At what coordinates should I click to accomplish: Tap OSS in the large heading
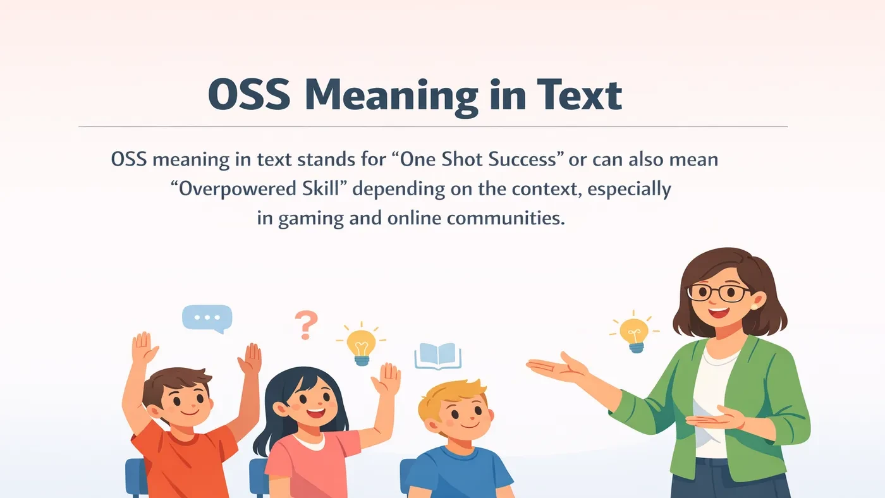tap(249, 96)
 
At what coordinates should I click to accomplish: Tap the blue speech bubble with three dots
tap(207, 319)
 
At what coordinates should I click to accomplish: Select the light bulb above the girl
tap(361, 346)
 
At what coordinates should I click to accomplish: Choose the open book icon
tap(437, 356)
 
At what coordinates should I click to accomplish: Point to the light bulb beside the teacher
tap(633, 333)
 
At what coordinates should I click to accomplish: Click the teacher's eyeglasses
tap(719, 293)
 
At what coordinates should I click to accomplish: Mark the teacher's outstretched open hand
tap(556, 368)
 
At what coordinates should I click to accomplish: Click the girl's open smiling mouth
tap(316, 414)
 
